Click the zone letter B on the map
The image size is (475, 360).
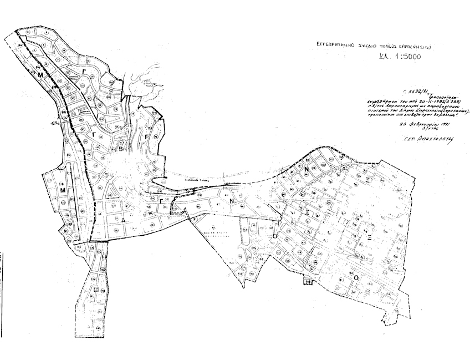pyautogui.click(x=121, y=149)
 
